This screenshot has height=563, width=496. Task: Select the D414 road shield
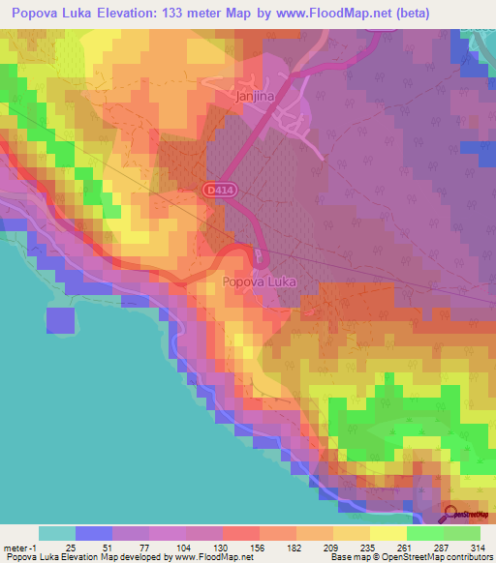[x=217, y=192]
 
